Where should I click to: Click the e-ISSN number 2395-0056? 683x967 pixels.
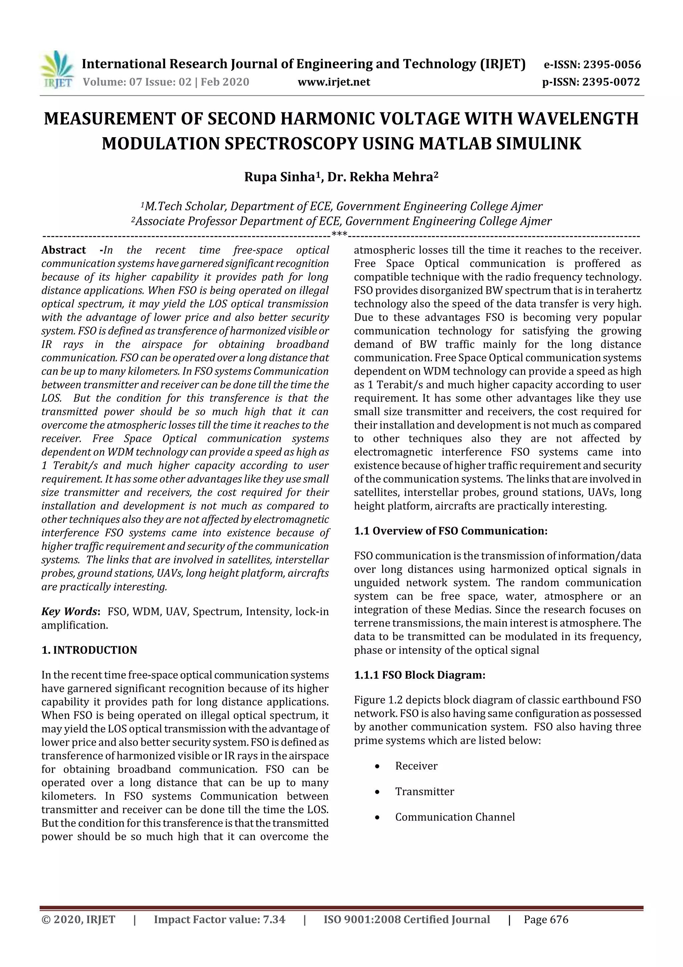(x=611, y=64)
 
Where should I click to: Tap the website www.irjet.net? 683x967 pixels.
(x=334, y=82)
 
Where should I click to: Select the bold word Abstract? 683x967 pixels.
(x=64, y=250)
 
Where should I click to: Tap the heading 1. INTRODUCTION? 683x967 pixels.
(x=89, y=650)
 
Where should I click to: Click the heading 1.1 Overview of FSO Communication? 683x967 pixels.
(x=450, y=531)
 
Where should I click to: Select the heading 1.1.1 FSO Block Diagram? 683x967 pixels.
(x=420, y=675)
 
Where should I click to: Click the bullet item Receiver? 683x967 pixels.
(x=416, y=766)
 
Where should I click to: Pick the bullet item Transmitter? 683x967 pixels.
(x=424, y=791)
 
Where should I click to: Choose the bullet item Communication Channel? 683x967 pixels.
(x=455, y=817)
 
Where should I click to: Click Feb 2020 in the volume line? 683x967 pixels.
(x=225, y=82)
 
